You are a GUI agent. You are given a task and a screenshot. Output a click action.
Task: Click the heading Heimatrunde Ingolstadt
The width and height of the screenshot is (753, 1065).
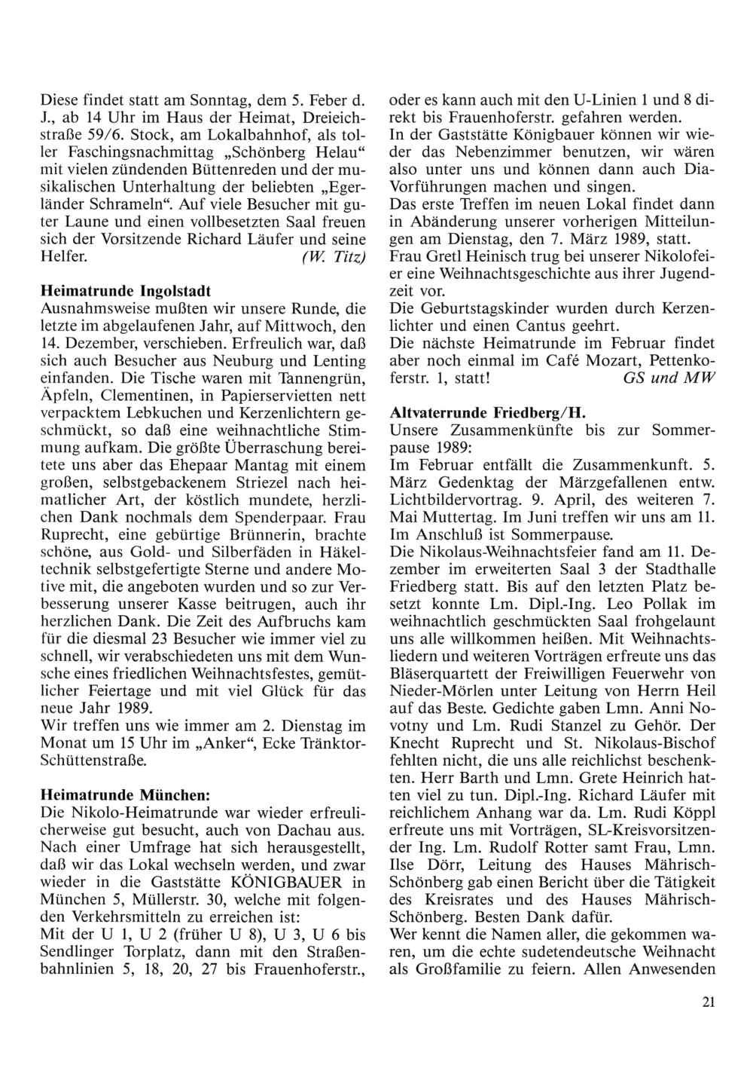(x=125, y=290)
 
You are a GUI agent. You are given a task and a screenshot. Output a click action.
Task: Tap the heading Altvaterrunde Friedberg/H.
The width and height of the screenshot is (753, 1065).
(x=488, y=414)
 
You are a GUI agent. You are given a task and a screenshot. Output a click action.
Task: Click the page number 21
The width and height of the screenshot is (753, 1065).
(x=708, y=1002)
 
